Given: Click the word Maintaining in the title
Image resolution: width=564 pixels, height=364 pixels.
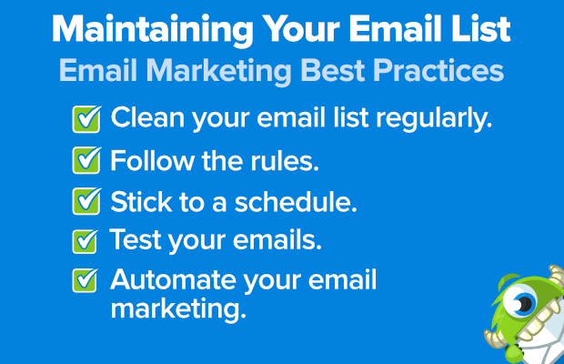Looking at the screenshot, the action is tap(153, 30).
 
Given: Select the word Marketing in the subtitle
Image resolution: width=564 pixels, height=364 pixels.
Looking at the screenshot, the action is tap(218, 71).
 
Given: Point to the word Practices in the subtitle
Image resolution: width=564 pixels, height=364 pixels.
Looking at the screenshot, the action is tap(438, 70).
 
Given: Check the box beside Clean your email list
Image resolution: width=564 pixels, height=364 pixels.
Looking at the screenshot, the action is tap(86, 119).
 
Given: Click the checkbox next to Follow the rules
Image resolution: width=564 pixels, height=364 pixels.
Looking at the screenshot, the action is tap(86, 160).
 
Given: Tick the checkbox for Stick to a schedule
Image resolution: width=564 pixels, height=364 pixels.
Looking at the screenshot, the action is tap(86, 201).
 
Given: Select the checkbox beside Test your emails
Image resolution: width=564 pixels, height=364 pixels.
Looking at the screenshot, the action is tap(86, 241).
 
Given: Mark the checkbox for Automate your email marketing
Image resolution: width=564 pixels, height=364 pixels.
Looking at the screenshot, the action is tap(86, 280).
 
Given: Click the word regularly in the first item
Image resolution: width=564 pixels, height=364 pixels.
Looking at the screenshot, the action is tap(434, 118).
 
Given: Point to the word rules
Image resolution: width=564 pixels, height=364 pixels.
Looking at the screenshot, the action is tap(285, 161).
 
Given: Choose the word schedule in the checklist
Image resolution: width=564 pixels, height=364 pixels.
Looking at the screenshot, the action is tap(296, 201).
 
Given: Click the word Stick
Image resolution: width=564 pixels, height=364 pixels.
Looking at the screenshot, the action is tap(141, 201).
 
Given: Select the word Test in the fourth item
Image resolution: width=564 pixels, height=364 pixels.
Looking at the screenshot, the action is tap(136, 239).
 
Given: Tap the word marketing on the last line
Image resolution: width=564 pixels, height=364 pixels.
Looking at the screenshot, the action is tap(178, 309).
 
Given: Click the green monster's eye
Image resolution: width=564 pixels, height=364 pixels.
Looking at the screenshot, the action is tap(520, 300).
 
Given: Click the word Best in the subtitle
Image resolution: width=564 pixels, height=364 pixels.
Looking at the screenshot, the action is tap(332, 70).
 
